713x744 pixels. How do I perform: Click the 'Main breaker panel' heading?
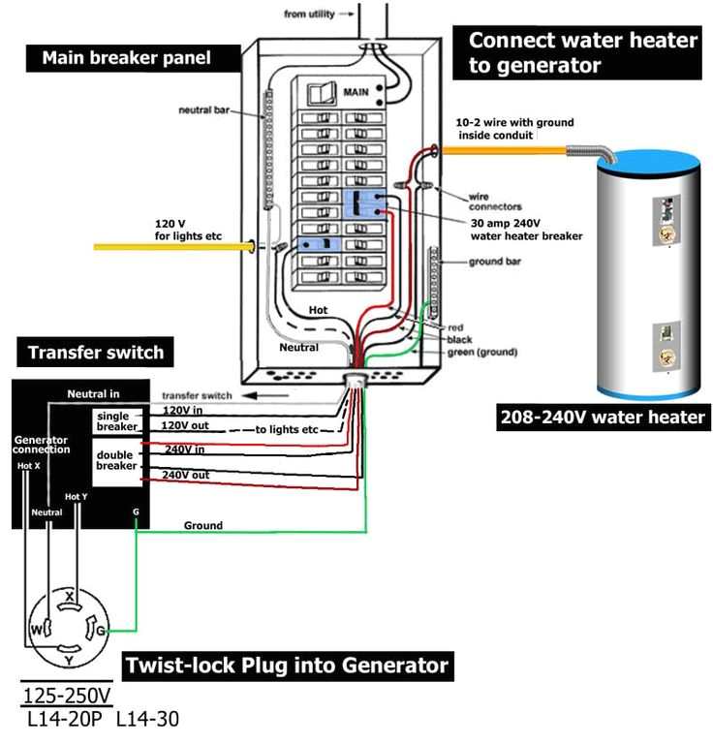click(x=126, y=58)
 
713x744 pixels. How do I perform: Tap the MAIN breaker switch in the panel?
click(x=317, y=94)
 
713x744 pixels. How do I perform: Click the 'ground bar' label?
click(x=497, y=262)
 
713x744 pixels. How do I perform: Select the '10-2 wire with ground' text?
click(x=514, y=123)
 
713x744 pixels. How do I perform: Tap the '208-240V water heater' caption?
click(x=603, y=418)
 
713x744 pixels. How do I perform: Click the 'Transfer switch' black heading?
click(x=96, y=352)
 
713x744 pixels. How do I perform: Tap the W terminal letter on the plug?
click(x=36, y=629)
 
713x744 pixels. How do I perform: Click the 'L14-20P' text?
click(x=63, y=720)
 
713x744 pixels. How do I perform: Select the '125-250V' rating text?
click(x=66, y=696)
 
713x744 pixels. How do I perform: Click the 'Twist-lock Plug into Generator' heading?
click(x=288, y=666)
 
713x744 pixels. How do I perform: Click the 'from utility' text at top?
click(x=309, y=14)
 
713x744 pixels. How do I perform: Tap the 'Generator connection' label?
click(x=42, y=445)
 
